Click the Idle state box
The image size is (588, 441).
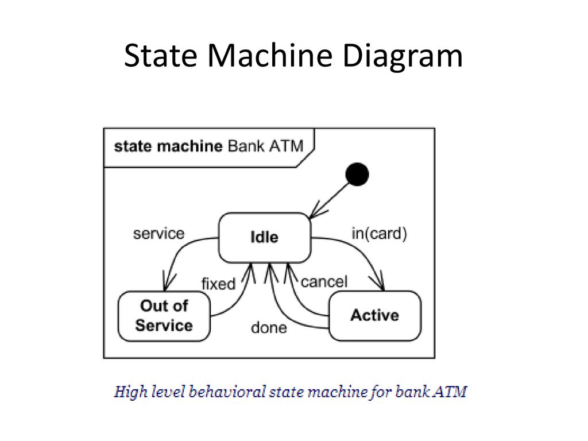(x=265, y=237)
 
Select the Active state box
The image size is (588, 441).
(x=375, y=316)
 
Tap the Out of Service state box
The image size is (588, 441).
(x=164, y=316)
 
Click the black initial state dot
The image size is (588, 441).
(x=357, y=175)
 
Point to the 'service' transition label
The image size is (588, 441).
(x=158, y=234)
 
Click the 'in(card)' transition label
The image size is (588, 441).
(x=379, y=233)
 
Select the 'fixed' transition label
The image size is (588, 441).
(x=218, y=284)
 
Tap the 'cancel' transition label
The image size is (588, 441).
(x=324, y=281)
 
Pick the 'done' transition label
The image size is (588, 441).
(x=269, y=327)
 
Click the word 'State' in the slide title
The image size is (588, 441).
(x=161, y=55)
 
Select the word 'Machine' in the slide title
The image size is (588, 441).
(x=270, y=55)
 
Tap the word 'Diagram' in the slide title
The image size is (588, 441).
(x=403, y=56)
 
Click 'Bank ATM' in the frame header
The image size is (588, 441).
(x=265, y=146)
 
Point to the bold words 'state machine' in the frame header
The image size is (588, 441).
(x=168, y=146)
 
